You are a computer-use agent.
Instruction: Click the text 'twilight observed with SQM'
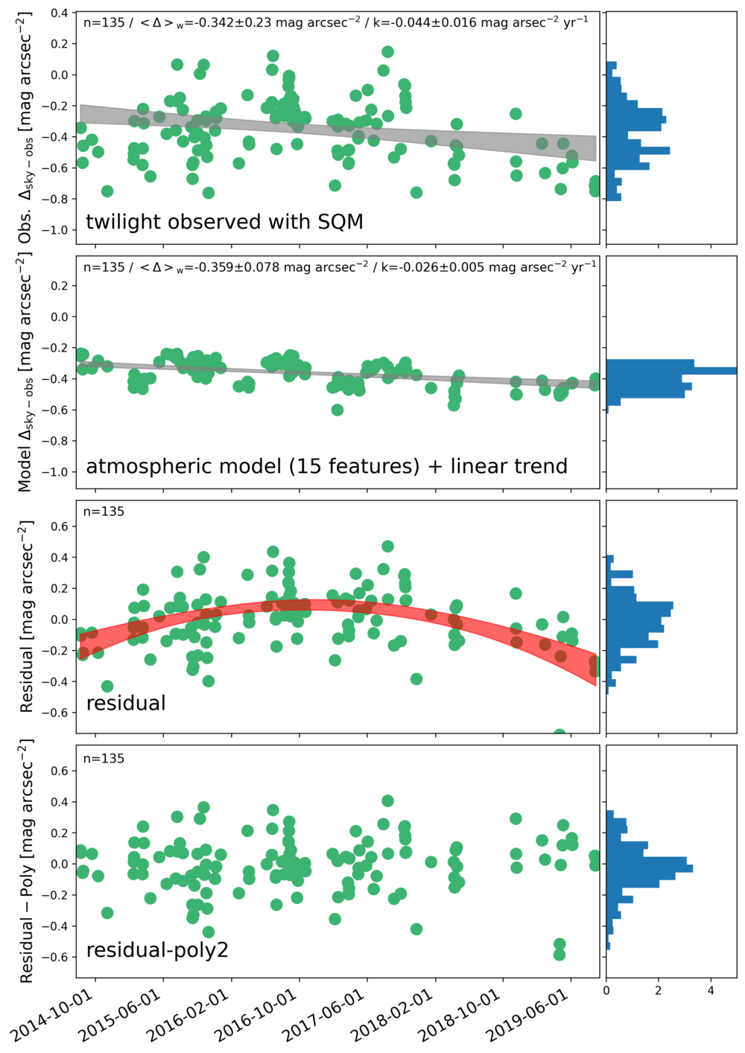click(224, 222)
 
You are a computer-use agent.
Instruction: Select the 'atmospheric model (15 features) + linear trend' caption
click(326, 466)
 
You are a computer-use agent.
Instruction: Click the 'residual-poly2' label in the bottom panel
click(157, 950)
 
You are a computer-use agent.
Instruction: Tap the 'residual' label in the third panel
click(126, 703)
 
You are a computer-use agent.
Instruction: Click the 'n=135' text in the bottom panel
click(104, 759)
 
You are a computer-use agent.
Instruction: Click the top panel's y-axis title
click(26, 127)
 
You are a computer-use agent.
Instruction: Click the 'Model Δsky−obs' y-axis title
click(26, 372)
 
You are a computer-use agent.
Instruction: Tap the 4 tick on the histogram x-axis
click(711, 990)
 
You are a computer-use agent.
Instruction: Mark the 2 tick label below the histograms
click(659, 990)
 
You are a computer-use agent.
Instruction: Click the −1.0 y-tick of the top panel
click(55, 230)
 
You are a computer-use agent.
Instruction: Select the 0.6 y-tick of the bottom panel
click(60, 771)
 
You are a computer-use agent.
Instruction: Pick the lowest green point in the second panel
click(337, 410)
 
